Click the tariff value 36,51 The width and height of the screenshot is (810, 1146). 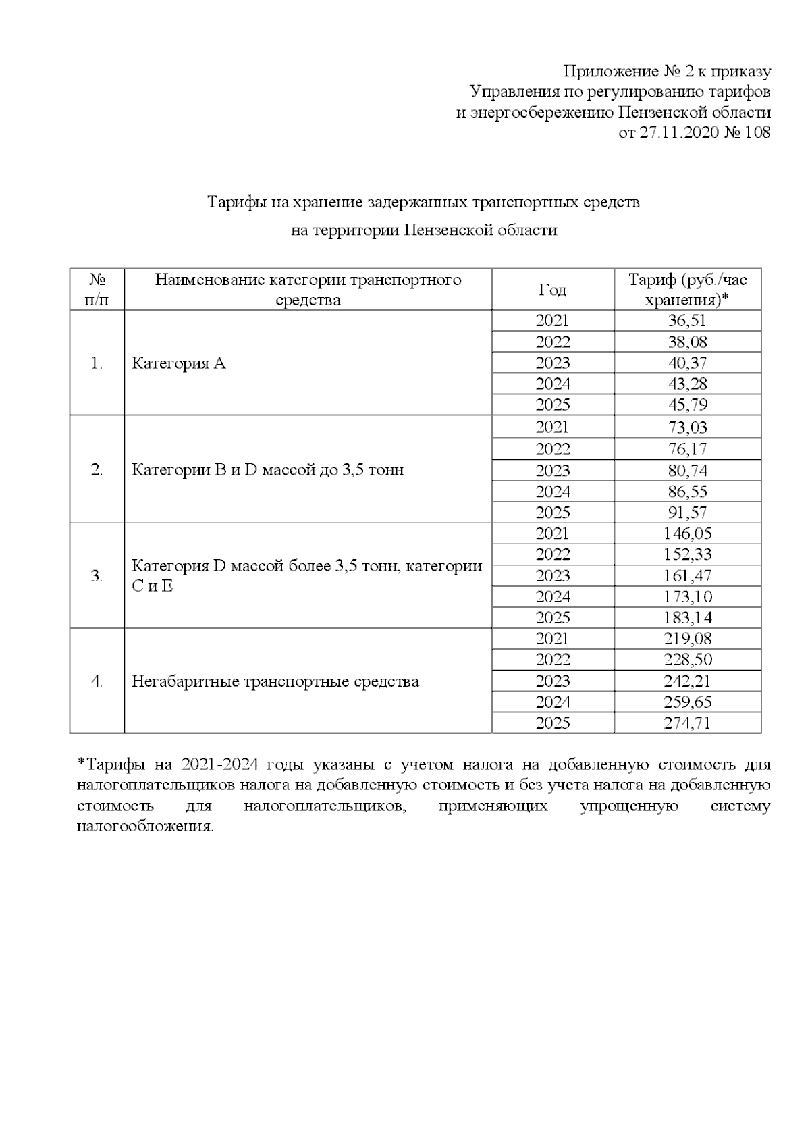686,321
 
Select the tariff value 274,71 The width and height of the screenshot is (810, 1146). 686,723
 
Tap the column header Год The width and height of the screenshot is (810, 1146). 552,290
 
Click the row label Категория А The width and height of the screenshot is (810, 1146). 178,363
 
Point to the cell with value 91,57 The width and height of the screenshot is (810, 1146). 686,513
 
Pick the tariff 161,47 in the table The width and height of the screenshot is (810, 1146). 686,576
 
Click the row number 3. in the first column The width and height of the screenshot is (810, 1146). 97,576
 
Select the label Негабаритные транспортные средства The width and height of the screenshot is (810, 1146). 275,681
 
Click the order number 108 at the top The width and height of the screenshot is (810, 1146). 756,132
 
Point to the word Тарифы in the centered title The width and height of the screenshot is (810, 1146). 236,202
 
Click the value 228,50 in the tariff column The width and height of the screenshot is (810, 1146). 686,660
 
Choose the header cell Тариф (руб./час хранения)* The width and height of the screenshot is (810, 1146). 686,290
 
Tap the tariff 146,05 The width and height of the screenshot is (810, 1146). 686,533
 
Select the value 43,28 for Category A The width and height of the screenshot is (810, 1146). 686,384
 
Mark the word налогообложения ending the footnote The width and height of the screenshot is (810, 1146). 144,827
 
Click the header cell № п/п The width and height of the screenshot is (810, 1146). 97,290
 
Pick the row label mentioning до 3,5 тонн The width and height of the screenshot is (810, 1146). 267,469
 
